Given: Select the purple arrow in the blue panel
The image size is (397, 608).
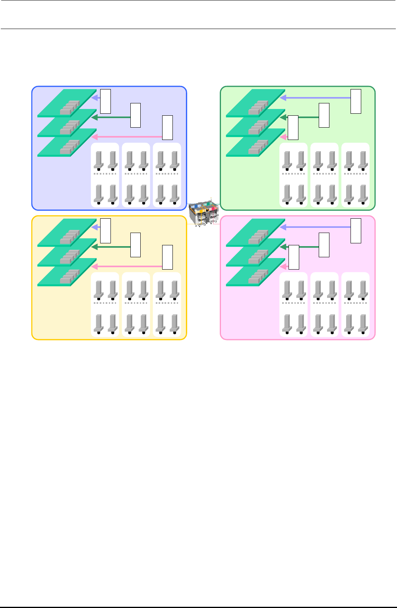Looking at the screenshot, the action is pos(95,97).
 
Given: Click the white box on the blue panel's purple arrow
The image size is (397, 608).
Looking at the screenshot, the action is pos(105,101).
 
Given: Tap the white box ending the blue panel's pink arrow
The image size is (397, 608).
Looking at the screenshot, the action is pos(167,128).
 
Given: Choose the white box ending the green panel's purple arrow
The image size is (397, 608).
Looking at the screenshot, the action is pos(356,101).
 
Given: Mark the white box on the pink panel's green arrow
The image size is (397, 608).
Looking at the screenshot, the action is pos(324,245).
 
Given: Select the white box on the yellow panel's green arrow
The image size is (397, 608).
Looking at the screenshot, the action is pos(136,245).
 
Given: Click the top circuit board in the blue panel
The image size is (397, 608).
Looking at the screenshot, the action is pos(67,103).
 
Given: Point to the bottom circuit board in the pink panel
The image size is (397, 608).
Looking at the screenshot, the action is pos(255,273).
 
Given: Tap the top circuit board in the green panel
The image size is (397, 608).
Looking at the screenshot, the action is pos(255,103).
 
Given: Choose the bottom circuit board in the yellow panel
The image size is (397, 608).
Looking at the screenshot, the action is pos(67,273).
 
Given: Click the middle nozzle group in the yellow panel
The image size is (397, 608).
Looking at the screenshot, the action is pos(136,305).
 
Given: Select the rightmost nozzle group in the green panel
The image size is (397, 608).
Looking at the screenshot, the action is pos(355,175).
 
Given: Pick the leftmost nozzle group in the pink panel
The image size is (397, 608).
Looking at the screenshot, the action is pos(293,305).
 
